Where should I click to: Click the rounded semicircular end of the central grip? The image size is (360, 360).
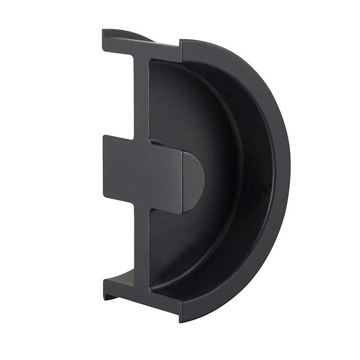(x=193, y=181)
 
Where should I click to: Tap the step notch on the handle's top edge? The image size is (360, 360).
(x=181, y=49)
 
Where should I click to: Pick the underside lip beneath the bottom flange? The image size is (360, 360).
(x=110, y=296)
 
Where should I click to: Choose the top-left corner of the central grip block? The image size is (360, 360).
(x=104, y=136)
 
